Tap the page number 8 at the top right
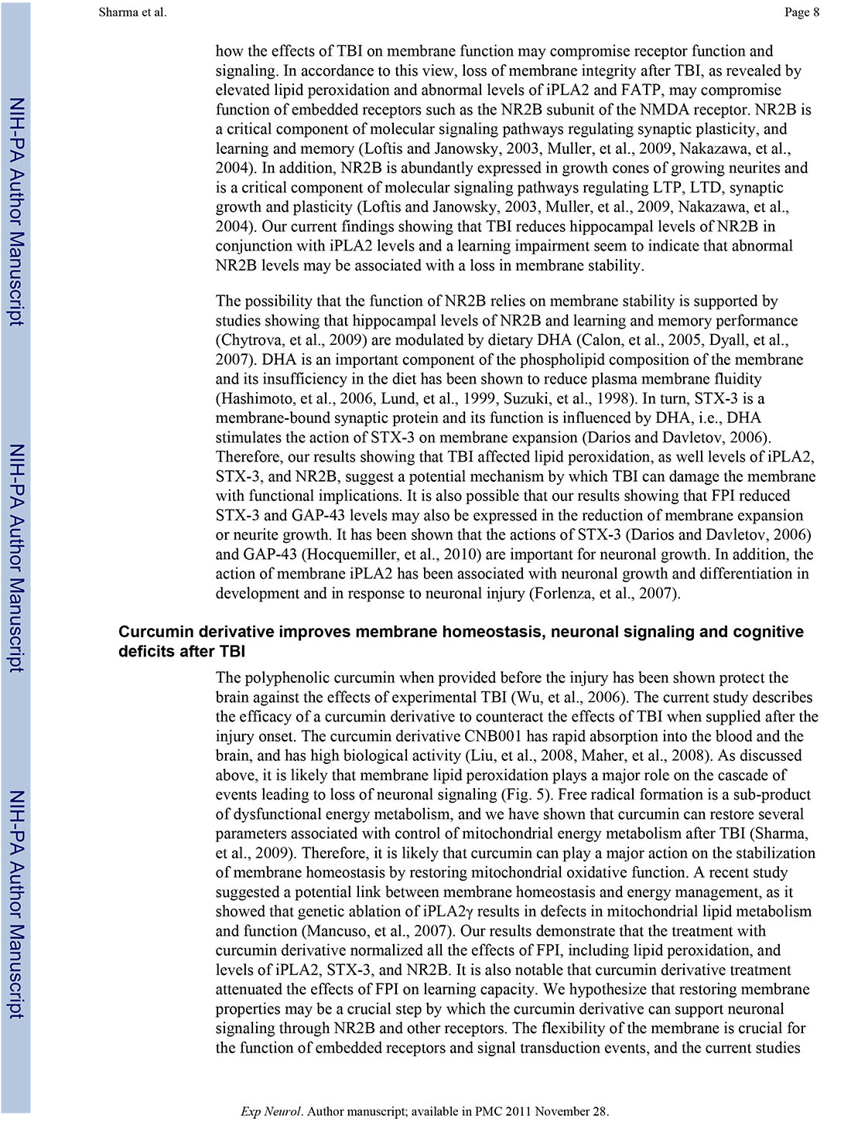click(815, 12)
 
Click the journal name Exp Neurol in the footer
click(271, 1111)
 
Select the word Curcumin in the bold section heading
click(151, 632)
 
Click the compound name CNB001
click(491, 736)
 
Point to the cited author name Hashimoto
click(255, 398)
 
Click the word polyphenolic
click(284, 678)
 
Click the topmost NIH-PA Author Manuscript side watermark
click(16, 212)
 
